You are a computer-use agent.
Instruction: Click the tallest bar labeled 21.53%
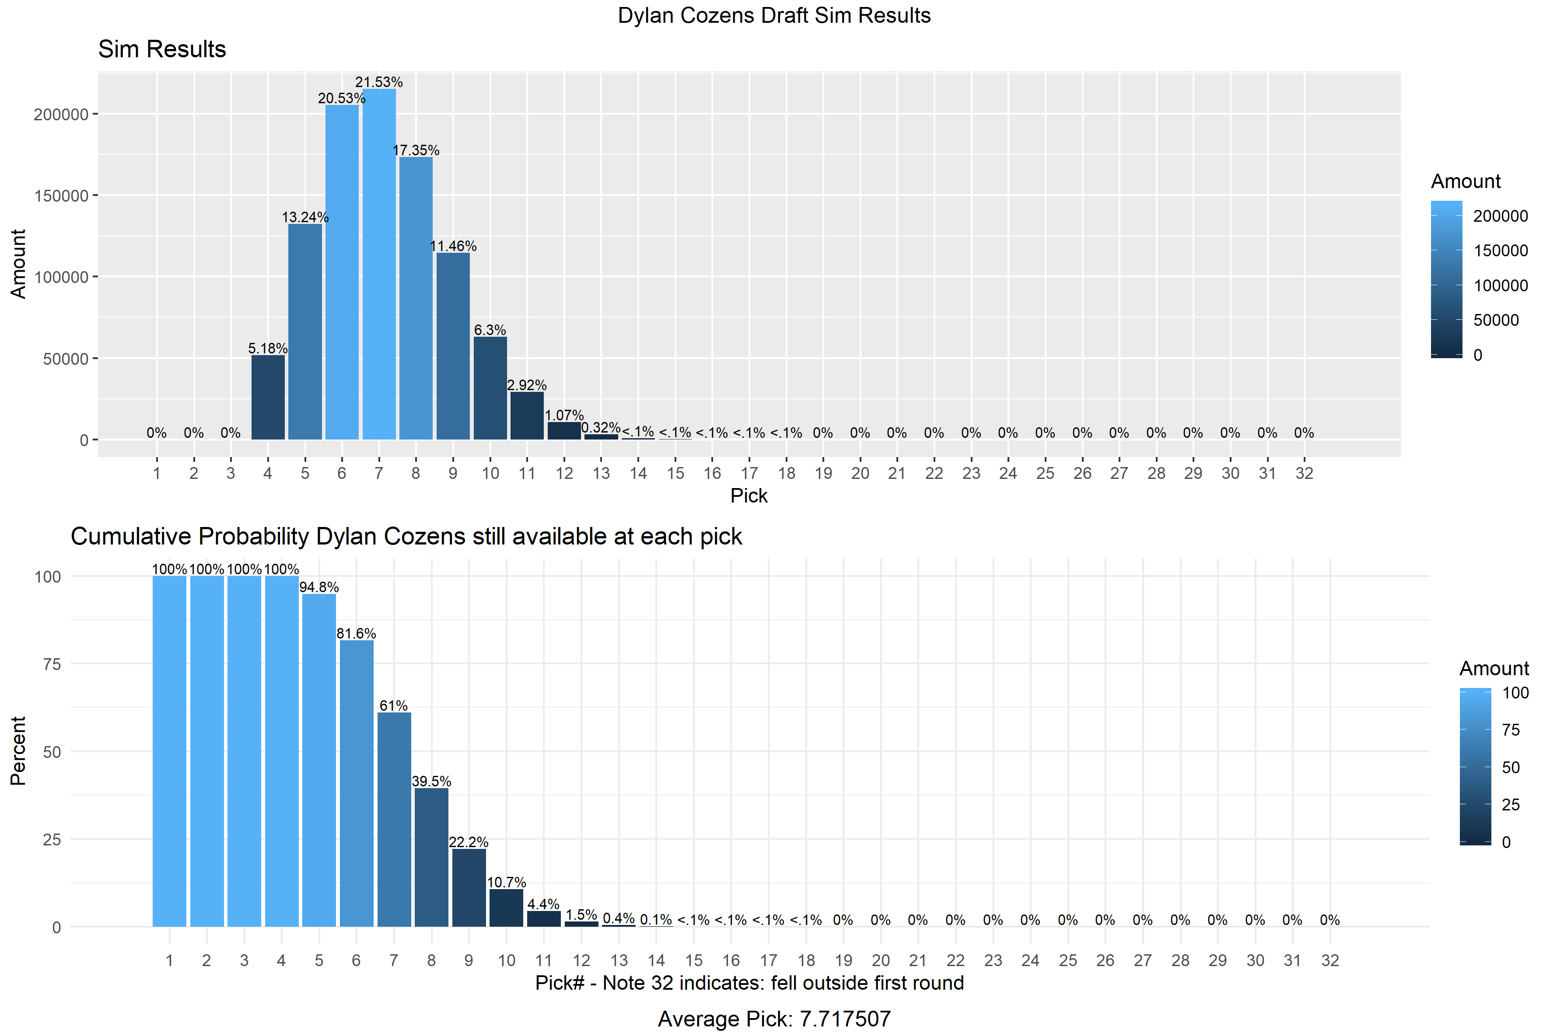pyautogui.click(x=379, y=264)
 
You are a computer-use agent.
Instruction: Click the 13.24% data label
pyautogui.click(x=305, y=217)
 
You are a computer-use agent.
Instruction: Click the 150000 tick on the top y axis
pyautogui.click(x=61, y=195)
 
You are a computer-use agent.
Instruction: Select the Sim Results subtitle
pyautogui.click(x=162, y=49)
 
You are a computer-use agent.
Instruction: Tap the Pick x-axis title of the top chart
pyautogui.click(x=749, y=496)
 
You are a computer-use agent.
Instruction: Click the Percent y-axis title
pyautogui.click(x=18, y=750)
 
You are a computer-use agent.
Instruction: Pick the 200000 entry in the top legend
pyautogui.click(x=1500, y=216)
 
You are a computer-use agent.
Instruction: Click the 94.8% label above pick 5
pyautogui.click(x=319, y=587)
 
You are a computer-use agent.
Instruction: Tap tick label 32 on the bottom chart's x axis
pyautogui.click(x=1330, y=960)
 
